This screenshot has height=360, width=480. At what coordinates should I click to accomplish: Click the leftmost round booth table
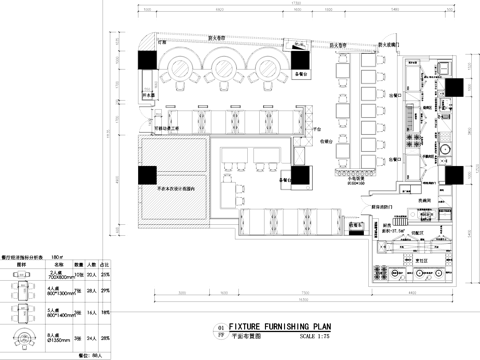coord(184,67)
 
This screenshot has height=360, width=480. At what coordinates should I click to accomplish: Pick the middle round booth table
coord(225,67)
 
